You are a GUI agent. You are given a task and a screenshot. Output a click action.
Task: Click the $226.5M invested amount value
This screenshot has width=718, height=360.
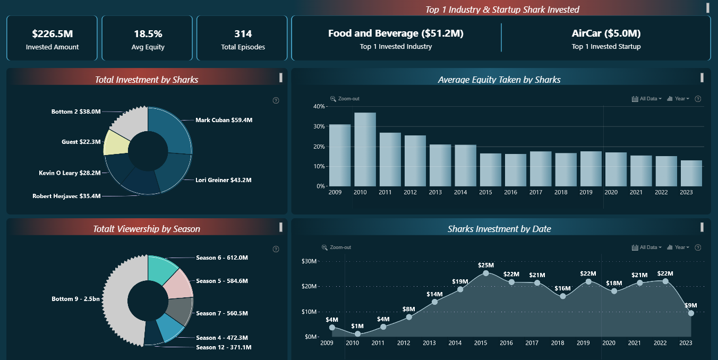click(x=52, y=34)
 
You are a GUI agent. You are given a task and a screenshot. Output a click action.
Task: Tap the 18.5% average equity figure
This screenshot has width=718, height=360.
click(x=148, y=34)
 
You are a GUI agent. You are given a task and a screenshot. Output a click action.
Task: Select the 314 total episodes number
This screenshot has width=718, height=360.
click(x=243, y=34)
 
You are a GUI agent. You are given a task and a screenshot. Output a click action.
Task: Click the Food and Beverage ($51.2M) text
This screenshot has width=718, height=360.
click(x=396, y=33)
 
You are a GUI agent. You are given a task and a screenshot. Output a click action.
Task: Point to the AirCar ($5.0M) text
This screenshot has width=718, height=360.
click(x=606, y=33)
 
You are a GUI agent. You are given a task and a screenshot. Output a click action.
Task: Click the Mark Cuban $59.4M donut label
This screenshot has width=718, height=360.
click(x=224, y=120)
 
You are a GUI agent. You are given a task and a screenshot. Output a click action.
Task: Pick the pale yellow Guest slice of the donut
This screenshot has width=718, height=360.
click(x=116, y=142)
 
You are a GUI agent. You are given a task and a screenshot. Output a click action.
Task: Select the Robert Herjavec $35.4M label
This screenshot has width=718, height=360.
click(x=66, y=196)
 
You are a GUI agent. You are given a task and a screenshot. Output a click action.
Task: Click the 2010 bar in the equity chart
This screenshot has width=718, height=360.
click(x=365, y=149)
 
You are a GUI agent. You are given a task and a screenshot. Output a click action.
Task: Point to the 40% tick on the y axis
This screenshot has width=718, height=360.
click(x=319, y=106)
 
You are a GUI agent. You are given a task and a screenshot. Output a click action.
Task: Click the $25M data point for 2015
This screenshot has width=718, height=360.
click(x=486, y=273)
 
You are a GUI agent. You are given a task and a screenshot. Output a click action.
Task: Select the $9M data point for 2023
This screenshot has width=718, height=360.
click(x=691, y=313)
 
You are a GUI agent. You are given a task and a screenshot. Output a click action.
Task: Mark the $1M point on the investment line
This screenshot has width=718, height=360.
click(x=357, y=334)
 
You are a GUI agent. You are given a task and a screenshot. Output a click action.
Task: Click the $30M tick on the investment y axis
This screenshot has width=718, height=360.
click(x=309, y=261)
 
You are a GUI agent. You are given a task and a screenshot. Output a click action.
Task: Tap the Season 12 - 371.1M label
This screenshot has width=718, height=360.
click(x=223, y=347)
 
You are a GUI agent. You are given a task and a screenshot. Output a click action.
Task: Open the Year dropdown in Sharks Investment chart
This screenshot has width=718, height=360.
click(x=678, y=247)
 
